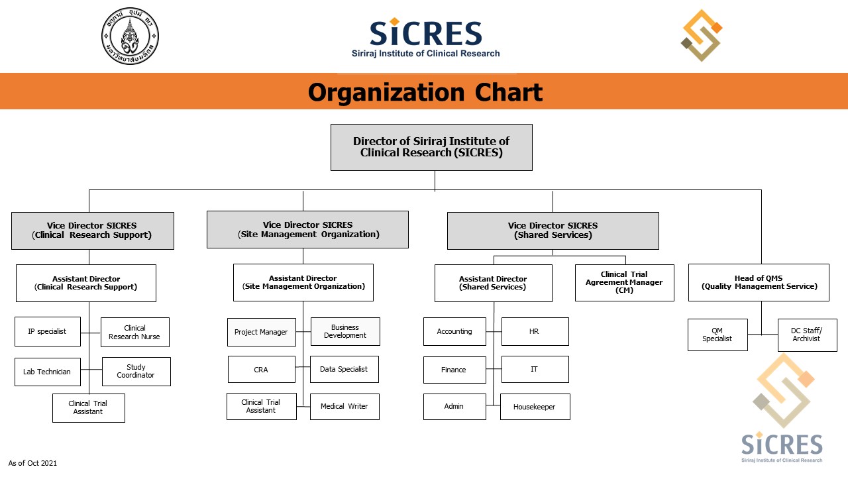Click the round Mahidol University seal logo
click(x=131, y=36)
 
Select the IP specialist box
click(x=48, y=332)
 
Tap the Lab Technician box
click(x=48, y=372)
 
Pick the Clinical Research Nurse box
click(x=135, y=333)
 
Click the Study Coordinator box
click(x=136, y=372)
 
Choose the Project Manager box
click(x=262, y=332)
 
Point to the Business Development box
click(x=345, y=332)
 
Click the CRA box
click(x=262, y=369)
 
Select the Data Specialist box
click(x=344, y=369)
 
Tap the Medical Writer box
click(x=344, y=407)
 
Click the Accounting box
click(x=454, y=332)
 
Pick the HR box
click(x=535, y=332)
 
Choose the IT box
click(x=535, y=369)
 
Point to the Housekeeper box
click(x=535, y=407)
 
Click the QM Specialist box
click(x=717, y=335)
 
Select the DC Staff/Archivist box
click(x=808, y=335)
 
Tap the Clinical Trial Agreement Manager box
click(x=625, y=283)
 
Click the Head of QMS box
click(x=759, y=283)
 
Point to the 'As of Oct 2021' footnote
click(x=32, y=463)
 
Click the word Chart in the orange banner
click(x=508, y=92)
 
